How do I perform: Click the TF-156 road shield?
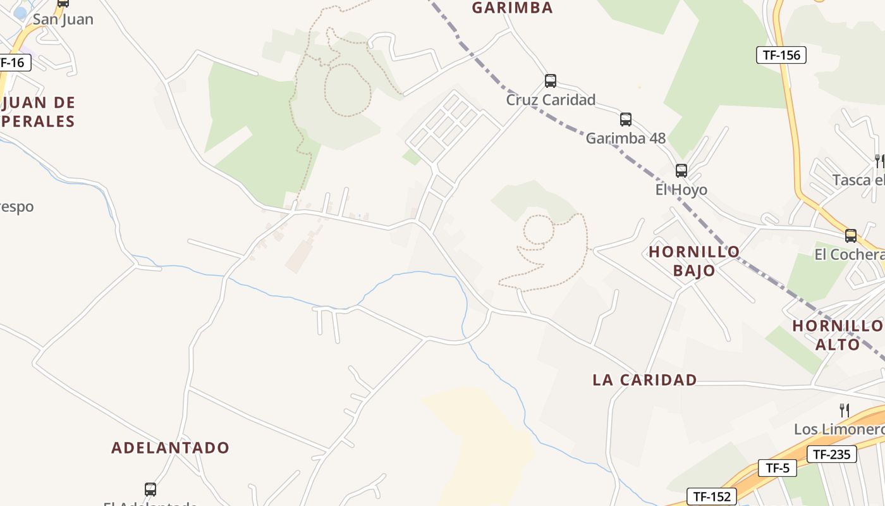(x=781, y=55)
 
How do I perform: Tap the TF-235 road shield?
(x=831, y=454)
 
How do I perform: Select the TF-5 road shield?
(x=777, y=468)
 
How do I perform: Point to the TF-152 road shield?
(x=712, y=497)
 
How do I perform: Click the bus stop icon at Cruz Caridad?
(x=551, y=81)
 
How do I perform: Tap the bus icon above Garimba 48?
(x=626, y=119)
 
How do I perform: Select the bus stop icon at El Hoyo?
(x=681, y=171)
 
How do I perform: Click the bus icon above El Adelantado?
(x=150, y=489)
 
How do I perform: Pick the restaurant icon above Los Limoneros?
(x=844, y=410)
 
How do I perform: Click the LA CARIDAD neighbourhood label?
(x=644, y=380)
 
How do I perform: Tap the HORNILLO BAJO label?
(x=694, y=261)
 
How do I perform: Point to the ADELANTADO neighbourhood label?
(x=170, y=448)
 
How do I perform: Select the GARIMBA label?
(x=512, y=8)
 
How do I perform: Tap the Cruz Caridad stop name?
(x=551, y=100)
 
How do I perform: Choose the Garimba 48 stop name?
(x=626, y=139)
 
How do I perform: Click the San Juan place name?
(x=63, y=20)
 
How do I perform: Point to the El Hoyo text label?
(x=681, y=190)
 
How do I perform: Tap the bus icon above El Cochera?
(x=851, y=236)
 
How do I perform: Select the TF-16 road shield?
(x=12, y=63)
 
